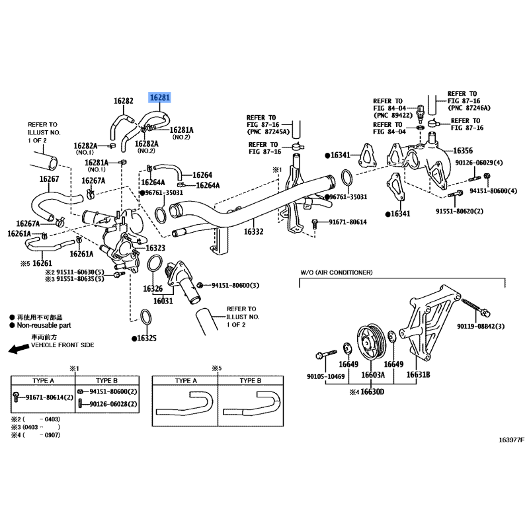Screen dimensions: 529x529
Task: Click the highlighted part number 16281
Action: [160, 98]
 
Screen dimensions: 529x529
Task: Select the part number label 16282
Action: [124, 102]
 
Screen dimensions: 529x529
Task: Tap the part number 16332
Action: [253, 232]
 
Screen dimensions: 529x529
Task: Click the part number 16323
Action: [155, 248]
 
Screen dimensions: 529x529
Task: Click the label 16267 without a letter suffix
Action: [49, 179]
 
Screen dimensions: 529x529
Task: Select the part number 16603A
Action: [372, 375]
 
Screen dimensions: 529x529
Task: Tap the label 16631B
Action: [418, 375]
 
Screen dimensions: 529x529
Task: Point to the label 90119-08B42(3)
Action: [481, 327]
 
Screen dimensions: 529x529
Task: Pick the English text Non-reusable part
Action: [44, 326]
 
